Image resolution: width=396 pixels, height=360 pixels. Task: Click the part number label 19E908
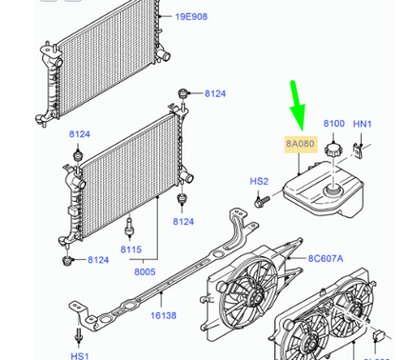pyautogui.click(x=191, y=16)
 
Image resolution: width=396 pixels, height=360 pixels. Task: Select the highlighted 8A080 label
pyautogui.click(x=301, y=144)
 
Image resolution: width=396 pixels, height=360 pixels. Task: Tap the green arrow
pyautogui.click(x=298, y=106)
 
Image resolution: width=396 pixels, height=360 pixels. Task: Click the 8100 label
pyautogui.click(x=334, y=123)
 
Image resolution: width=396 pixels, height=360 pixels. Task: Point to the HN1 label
pyautogui.click(x=363, y=124)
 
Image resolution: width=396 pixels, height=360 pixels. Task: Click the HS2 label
pyautogui.click(x=259, y=181)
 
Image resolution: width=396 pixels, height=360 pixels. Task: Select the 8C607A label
pyautogui.click(x=326, y=258)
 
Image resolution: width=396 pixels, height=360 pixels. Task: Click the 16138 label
pyautogui.click(x=164, y=315)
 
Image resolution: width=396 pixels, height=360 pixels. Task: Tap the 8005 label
pyautogui.click(x=145, y=271)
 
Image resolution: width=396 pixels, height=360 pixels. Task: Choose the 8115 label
pyautogui.click(x=131, y=250)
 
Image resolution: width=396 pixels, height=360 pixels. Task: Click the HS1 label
pyautogui.click(x=80, y=355)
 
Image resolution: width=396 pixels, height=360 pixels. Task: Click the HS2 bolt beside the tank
pyautogui.click(x=262, y=201)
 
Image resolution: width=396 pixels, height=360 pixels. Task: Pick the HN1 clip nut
pyautogui.click(x=358, y=151)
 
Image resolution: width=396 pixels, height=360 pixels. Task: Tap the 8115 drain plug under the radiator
pyautogui.click(x=129, y=228)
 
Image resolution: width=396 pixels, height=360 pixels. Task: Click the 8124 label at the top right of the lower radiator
pyautogui.click(x=215, y=93)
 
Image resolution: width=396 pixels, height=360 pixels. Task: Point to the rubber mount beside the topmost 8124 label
pyautogui.click(x=182, y=94)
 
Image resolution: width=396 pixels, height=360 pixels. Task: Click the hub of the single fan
pyautogui.click(x=254, y=297)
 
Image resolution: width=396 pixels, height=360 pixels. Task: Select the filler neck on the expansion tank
pyautogui.click(x=332, y=190)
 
